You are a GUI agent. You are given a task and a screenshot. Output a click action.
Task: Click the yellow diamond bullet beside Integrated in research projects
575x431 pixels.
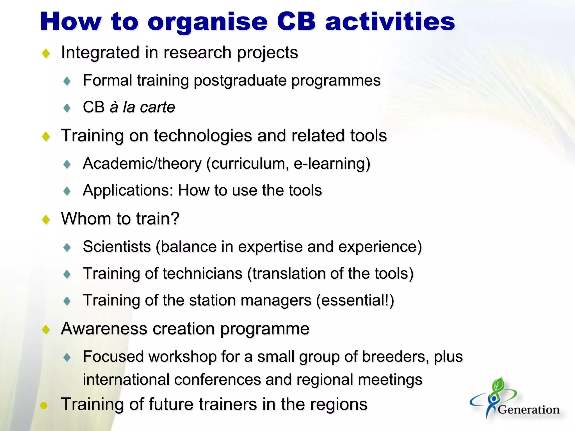(46, 53)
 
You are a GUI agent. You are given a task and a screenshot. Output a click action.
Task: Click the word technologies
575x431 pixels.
(203, 136)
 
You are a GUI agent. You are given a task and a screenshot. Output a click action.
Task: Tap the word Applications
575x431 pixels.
(128, 191)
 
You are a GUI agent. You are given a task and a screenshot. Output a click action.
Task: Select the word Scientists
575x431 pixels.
(117, 247)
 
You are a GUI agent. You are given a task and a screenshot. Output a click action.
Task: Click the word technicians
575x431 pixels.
(202, 274)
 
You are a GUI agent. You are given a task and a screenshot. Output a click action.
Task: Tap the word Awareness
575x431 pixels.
(104, 329)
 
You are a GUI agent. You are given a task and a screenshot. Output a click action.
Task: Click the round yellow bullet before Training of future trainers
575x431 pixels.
(44, 405)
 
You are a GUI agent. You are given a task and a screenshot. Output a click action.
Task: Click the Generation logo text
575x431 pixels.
(528, 410)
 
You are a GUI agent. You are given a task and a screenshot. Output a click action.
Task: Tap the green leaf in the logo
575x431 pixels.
(498, 385)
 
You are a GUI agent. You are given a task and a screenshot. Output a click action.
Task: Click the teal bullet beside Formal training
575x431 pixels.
(67, 81)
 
